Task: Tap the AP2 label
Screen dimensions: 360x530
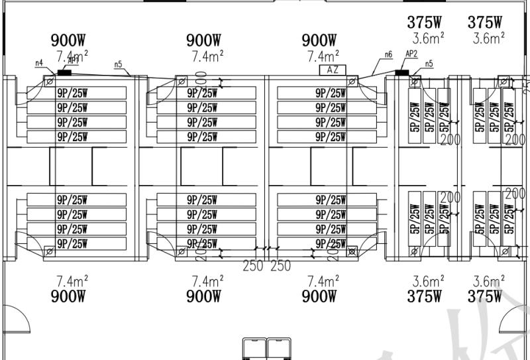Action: [x=411, y=54]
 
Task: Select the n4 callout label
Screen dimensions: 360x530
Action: [x=39, y=63]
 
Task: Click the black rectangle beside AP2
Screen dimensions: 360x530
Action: [x=401, y=72]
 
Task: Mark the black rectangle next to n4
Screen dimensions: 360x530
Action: [x=64, y=72]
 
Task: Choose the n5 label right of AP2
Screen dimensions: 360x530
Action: [x=429, y=64]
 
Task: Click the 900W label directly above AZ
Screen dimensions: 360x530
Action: [x=319, y=41]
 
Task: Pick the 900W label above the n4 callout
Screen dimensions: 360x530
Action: [x=71, y=41]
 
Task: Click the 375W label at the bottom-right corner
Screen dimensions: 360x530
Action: [x=484, y=296]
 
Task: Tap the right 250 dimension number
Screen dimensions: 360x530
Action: [x=280, y=266]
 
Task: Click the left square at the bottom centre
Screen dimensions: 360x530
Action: [x=254, y=349]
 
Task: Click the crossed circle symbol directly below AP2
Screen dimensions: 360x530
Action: [x=414, y=82]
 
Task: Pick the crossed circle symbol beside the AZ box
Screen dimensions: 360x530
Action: [x=352, y=82]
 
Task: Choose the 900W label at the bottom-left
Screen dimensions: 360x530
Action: [x=71, y=296]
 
